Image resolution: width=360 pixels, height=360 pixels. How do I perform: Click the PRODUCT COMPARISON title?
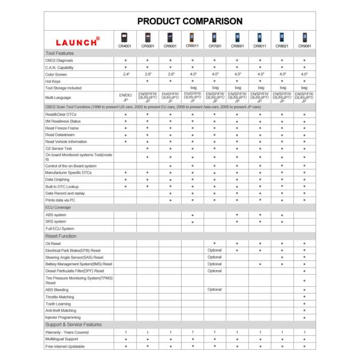pyautogui.click(x=179, y=20)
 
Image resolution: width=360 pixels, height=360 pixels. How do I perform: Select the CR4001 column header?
pyautogui.click(x=125, y=45)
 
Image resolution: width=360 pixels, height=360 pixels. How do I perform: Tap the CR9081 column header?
pyautogui.click(x=305, y=45)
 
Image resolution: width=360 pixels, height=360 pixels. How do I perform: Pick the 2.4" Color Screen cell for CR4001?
pyautogui.click(x=125, y=74)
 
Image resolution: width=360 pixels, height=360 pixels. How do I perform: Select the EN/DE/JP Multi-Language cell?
pyautogui.click(x=125, y=97)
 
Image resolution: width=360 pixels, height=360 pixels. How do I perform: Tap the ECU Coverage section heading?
pyautogui.click(x=58, y=206)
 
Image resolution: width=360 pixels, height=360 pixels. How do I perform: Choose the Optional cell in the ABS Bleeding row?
pyautogui.click(x=215, y=289)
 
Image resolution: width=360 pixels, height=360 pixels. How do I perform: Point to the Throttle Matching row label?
pyautogui.click(x=61, y=296)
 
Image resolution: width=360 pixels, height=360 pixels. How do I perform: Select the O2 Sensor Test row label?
pyautogui.click(x=59, y=148)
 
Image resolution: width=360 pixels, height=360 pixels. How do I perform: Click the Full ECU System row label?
pyautogui.click(x=60, y=229)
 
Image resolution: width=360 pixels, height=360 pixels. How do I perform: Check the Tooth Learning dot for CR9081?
pyautogui.click(x=305, y=303)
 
